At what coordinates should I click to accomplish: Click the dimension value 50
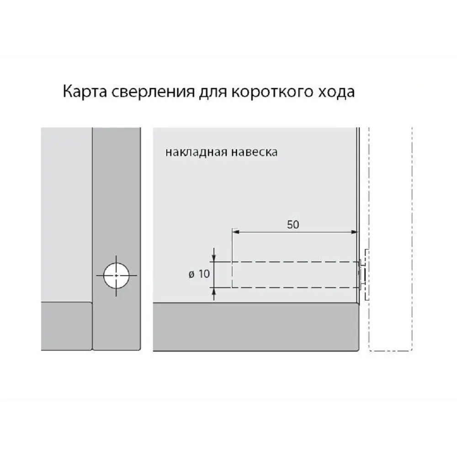click(293, 225)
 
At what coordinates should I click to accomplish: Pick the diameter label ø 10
click(199, 274)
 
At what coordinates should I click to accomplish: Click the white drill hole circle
click(116, 276)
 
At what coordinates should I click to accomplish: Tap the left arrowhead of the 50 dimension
click(235, 232)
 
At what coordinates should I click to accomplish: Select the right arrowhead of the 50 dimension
click(354, 232)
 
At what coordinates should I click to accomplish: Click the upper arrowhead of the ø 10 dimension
click(214, 258)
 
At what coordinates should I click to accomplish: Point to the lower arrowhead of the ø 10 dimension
click(214, 292)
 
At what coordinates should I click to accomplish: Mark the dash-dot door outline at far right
click(412, 239)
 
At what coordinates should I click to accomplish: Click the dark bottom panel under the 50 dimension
click(255, 326)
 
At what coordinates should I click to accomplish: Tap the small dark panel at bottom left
click(66, 326)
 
